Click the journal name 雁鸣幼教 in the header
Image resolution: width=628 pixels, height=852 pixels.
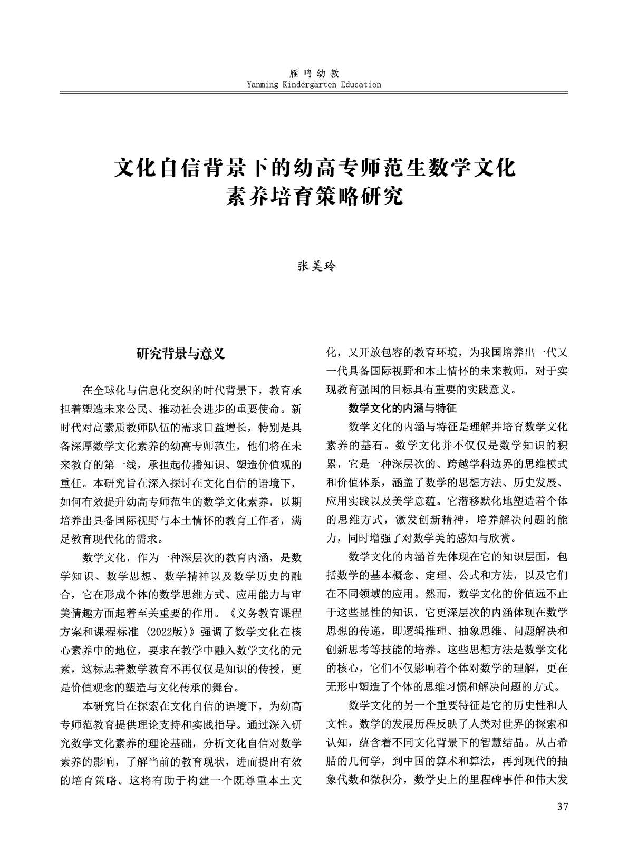(x=314, y=74)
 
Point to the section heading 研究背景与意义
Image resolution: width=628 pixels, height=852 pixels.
(x=181, y=354)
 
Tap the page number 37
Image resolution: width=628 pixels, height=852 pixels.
(x=562, y=807)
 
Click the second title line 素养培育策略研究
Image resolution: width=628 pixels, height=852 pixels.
(x=314, y=196)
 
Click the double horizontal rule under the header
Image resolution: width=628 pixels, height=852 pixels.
(x=314, y=93)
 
